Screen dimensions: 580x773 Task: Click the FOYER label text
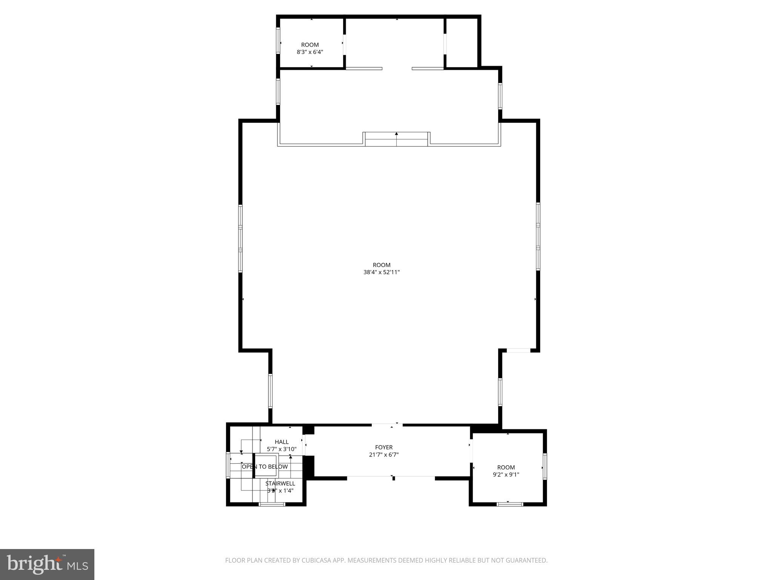384,447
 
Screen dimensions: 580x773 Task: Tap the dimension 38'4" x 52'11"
381,272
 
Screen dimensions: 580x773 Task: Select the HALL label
282,442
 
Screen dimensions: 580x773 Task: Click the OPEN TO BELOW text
265,467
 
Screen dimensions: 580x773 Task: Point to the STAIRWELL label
280,483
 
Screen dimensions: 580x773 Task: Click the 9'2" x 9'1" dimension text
506,475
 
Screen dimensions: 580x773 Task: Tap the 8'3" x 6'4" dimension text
310,52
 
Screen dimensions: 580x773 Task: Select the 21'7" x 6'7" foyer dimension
384,455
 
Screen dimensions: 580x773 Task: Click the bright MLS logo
47,565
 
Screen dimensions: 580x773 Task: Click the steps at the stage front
396,139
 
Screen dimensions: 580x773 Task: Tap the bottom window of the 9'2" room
510,504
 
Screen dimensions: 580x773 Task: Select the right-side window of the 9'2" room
545,466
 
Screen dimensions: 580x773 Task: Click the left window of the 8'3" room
278,40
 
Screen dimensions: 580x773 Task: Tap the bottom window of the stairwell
272,504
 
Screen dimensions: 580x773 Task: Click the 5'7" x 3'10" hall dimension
282,449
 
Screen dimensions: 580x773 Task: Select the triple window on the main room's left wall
240,238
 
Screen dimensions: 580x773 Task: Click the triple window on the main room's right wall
538,236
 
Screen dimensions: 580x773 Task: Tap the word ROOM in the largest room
381,265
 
